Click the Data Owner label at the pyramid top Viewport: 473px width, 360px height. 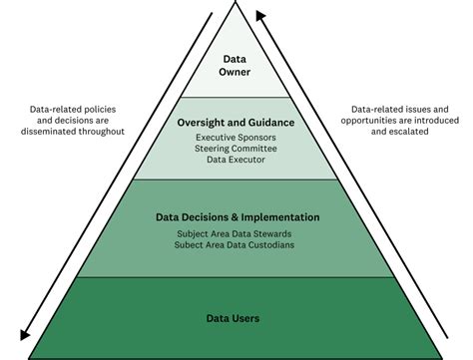236,65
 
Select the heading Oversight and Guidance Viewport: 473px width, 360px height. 236,122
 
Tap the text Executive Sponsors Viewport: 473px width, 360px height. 236,137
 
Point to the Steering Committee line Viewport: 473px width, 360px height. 236,149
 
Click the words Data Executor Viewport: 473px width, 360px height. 236,161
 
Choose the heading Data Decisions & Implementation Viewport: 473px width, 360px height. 237,216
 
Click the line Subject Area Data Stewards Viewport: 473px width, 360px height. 237,233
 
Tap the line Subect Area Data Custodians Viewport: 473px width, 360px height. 237,244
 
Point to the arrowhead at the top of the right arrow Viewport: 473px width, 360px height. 259,14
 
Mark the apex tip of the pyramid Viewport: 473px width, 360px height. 236,3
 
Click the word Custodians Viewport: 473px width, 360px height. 273,244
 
